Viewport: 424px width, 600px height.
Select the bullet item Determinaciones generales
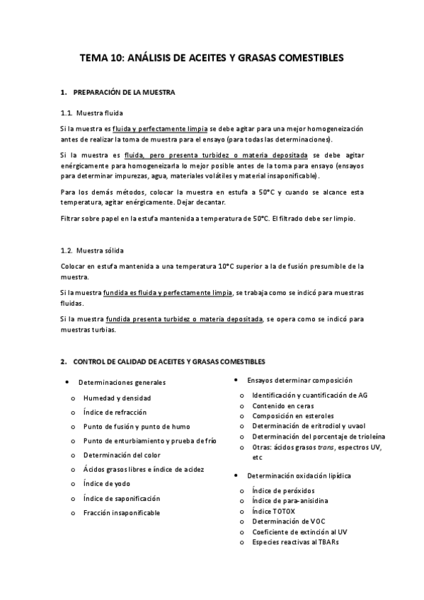[122, 382]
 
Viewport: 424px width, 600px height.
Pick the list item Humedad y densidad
[116, 398]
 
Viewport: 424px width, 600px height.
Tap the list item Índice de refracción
[115, 412]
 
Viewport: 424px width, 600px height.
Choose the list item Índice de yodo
[107, 484]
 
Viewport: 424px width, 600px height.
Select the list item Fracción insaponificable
[121, 512]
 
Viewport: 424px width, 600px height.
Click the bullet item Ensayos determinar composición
[299, 380]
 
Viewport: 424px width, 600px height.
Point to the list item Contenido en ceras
[282, 405]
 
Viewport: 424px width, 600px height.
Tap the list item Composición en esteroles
[292, 416]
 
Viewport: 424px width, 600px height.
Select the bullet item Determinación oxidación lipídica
[299, 475]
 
